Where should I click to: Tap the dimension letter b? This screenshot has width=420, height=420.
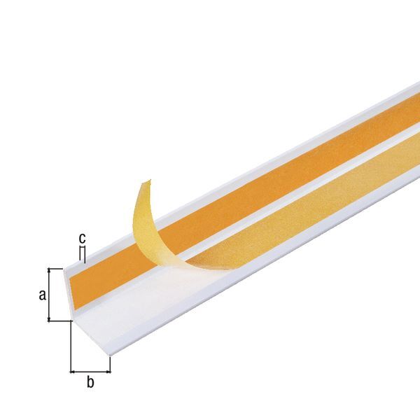tap(90, 381)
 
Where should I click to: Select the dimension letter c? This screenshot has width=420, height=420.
tap(83, 238)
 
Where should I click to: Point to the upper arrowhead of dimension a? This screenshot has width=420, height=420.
tap(49, 270)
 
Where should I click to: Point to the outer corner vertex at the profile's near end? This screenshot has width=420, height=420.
tap(71, 321)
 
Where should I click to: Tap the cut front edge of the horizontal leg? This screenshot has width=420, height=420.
tap(91, 339)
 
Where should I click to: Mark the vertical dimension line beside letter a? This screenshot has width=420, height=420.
tap(49, 295)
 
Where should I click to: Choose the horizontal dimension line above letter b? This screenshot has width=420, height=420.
tap(90, 370)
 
